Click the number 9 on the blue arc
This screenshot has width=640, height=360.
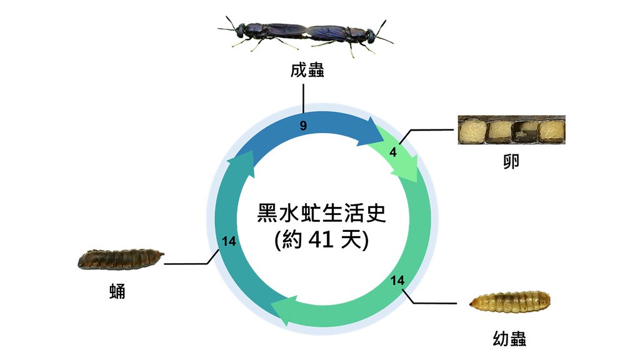click(303, 126)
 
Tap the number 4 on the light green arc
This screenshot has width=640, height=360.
click(392, 152)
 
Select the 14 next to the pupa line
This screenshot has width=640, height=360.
click(229, 241)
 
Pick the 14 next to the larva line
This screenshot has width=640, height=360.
click(397, 281)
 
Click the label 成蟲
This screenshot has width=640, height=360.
click(307, 69)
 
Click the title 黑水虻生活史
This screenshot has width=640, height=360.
click(322, 213)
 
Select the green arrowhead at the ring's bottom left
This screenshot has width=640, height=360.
click(281, 311)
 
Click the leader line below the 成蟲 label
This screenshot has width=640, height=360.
click(304, 97)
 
